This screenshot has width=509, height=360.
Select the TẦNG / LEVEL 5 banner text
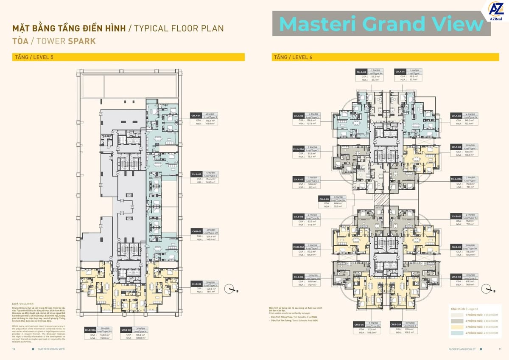pyautogui.click(x=34, y=57)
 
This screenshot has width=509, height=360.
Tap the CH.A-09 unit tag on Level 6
pyautogui.click(x=361, y=71)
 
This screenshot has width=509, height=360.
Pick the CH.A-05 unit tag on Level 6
pyautogui.click(x=324, y=199)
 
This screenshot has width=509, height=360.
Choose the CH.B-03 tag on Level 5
pyautogui.click(x=126, y=330)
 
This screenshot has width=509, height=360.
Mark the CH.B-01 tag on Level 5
pyautogui.click(x=196, y=231)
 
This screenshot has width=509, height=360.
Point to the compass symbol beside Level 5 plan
pyautogui.click(x=231, y=289)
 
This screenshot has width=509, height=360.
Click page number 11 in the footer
pyautogui.click(x=500, y=349)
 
